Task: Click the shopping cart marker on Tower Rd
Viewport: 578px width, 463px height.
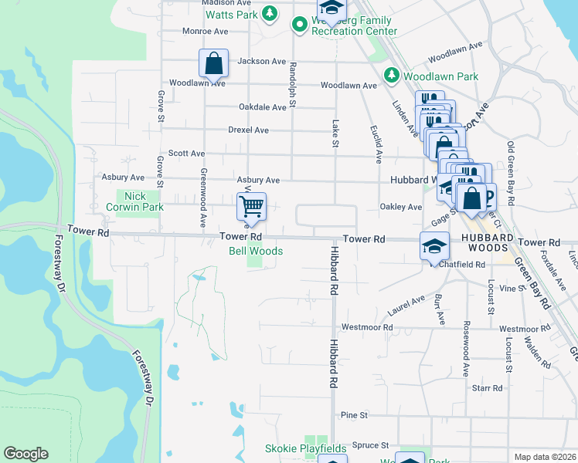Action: coord(251,207)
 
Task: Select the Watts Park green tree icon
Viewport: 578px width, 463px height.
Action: coord(270,13)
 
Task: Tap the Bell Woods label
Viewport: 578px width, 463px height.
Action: coord(256,252)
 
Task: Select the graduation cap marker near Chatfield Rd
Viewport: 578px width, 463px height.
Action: coord(434,246)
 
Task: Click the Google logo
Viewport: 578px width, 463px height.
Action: coord(25,454)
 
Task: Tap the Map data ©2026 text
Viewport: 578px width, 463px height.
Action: coord(545,457)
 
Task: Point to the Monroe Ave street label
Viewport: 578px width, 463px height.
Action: coord(205,32)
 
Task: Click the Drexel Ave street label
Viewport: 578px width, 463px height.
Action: coord(248,130)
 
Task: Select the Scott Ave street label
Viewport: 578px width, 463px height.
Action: coord(187,154)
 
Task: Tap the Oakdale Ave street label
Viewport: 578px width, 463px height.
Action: coord(263,107)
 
